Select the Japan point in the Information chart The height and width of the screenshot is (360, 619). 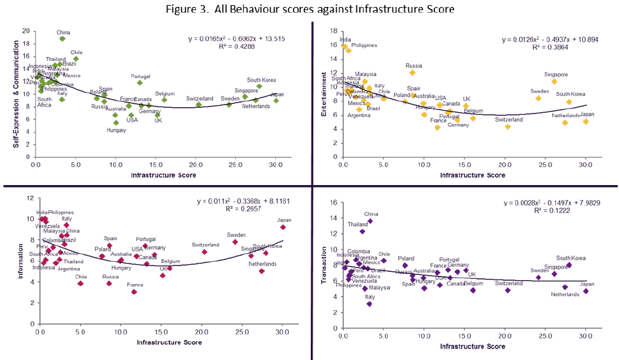coord(283,227)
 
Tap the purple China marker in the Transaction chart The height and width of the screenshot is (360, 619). coord(370,221)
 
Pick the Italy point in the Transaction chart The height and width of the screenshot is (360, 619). coord(370,304)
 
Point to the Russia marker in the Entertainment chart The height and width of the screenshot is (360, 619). coord(412,72)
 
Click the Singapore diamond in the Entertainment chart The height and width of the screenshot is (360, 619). coord(554,81)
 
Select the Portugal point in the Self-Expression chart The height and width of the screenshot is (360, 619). coord(140,82)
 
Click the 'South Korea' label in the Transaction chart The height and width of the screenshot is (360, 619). coord(571,258)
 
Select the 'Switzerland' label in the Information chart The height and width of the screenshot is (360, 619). coord(205,245)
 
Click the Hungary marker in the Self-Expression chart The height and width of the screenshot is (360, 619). coord(116,122)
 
